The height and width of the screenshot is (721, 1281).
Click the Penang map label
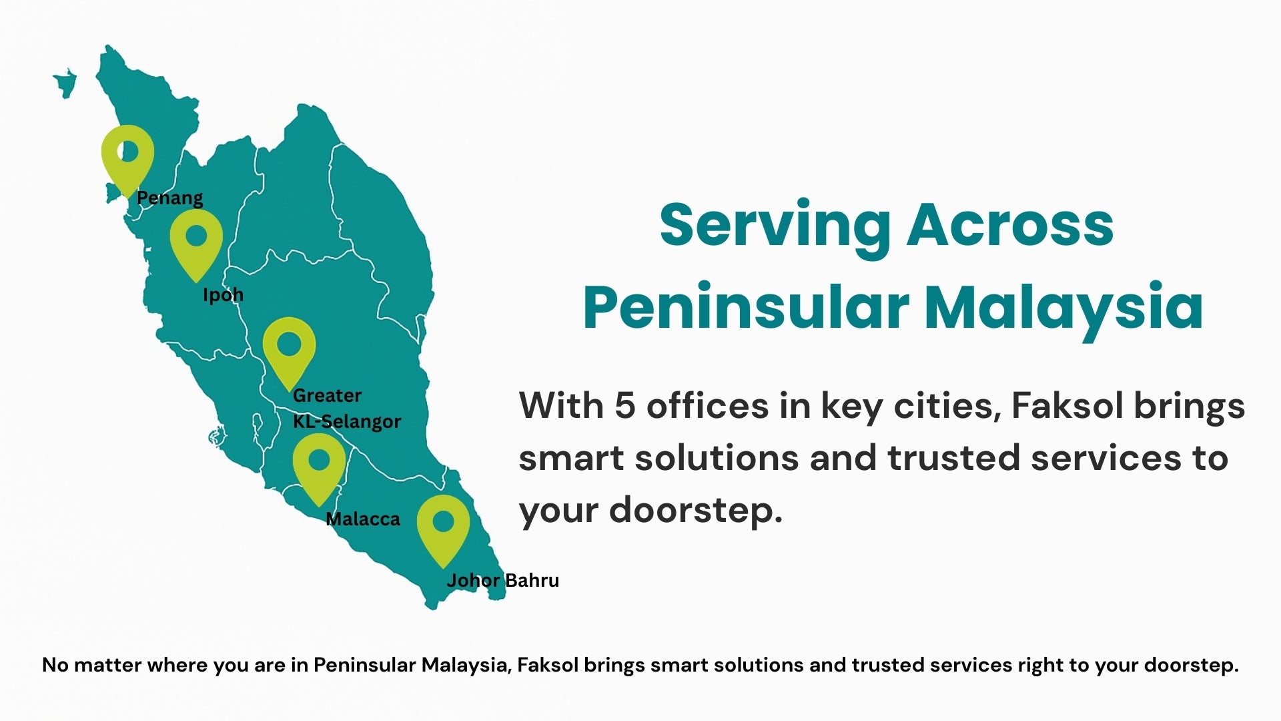(x=169, y=198)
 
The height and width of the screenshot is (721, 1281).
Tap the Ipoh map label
(x=223, y=295)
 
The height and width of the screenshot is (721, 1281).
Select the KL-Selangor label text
(x=347, y=422)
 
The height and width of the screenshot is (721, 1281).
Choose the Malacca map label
(x=363, y=519)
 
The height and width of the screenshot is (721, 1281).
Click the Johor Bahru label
(x=502, y=581)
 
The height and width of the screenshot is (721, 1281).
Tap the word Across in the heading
(x=1010, y=225)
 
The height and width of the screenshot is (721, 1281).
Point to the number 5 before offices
(x=624, y=406)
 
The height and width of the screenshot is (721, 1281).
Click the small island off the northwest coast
(x=65, y=83)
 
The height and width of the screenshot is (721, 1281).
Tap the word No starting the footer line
(x=55, y=665)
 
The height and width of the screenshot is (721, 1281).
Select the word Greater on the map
(x=327, y=396)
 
